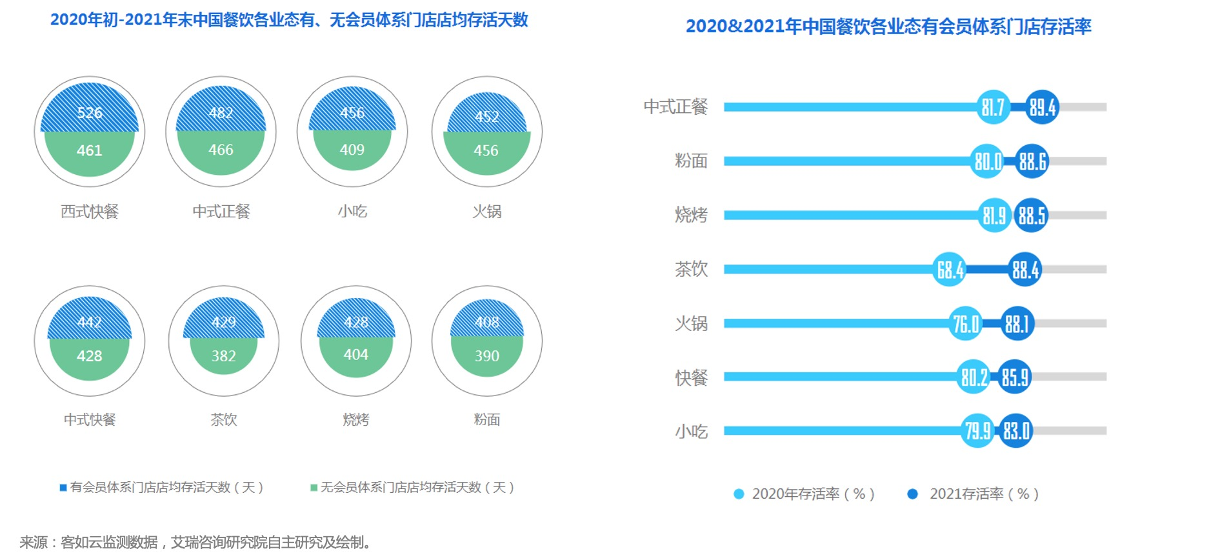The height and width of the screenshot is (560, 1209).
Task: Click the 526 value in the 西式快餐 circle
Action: click(90, 113)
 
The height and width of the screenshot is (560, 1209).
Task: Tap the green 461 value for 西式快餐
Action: click(90, 150)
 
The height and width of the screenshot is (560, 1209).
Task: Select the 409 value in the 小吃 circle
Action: click(352, 150)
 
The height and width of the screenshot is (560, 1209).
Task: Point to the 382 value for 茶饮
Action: click(224, 355)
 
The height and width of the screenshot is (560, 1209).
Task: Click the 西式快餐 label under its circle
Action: click(90, 212)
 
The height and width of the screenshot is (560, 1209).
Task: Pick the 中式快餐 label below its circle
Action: click(90, 420)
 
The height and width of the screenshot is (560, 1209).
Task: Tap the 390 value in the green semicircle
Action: click(487, 355)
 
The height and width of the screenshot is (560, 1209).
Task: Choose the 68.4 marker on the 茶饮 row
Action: click(950, 270)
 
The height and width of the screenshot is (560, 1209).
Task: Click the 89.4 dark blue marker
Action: click(1042, 107)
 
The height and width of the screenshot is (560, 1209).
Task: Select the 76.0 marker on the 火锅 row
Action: click(966, 324)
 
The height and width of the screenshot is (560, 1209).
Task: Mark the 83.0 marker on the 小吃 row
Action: click(1016, 431)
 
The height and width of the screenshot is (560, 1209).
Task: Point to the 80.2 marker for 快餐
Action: click(974, 377)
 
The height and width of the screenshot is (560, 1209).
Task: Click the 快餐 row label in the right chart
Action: click(691, 377)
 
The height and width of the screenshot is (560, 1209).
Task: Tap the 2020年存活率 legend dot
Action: click(739, 494)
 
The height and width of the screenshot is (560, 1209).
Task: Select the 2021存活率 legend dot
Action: click(912, 494)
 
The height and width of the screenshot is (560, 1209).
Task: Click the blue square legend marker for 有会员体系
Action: click(63, 488)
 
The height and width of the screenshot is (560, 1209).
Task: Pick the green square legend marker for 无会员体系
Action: click(314, 488)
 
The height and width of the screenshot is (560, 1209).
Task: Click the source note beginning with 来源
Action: click(196, 543)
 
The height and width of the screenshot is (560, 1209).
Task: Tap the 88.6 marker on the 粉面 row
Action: click(1032, 161)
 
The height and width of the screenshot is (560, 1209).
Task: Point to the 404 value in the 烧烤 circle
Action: click(356, 354)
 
